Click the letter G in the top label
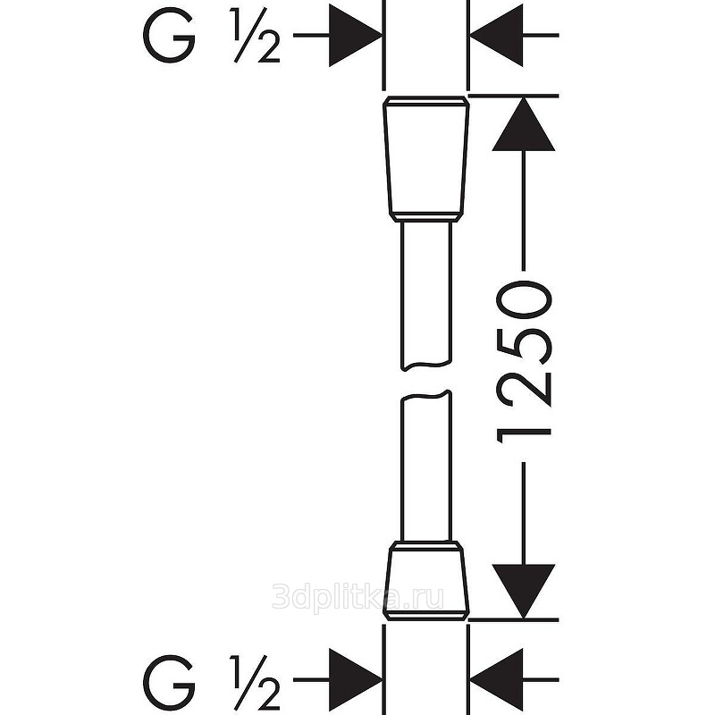[169, 35]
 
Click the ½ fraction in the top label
[257, 35]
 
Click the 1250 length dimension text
[525, 363]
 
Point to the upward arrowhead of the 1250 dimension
[524, 123]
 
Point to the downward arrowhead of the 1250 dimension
[524, 592]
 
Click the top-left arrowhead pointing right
[356, 35]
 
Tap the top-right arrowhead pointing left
[496, 35]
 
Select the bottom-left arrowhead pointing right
[356, 680]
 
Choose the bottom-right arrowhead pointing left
[496, 680]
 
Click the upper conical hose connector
[426, 159]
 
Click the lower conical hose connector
[426, 582]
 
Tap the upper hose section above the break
[426, 296]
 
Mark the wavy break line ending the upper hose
[426, 366]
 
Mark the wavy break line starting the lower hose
[426, 395]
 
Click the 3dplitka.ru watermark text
[357, 598]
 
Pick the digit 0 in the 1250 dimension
[525, 299]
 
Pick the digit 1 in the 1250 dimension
[525, 436]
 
